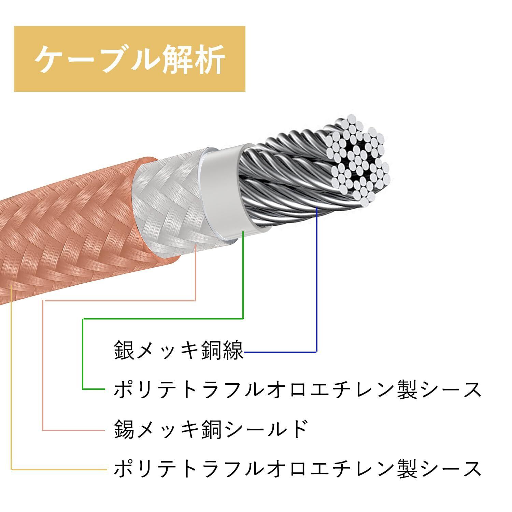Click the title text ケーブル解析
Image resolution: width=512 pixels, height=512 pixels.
[x=129, y=59]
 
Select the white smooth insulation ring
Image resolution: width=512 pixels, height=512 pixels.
[x=225, y=191]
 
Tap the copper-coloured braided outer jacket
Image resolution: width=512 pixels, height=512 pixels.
[x=68, y=232]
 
